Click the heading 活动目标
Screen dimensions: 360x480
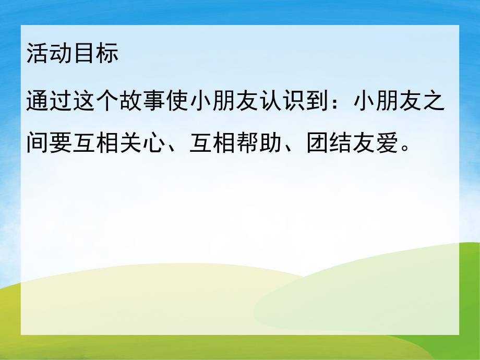(73, 54)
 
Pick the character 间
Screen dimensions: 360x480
(38, 139)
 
